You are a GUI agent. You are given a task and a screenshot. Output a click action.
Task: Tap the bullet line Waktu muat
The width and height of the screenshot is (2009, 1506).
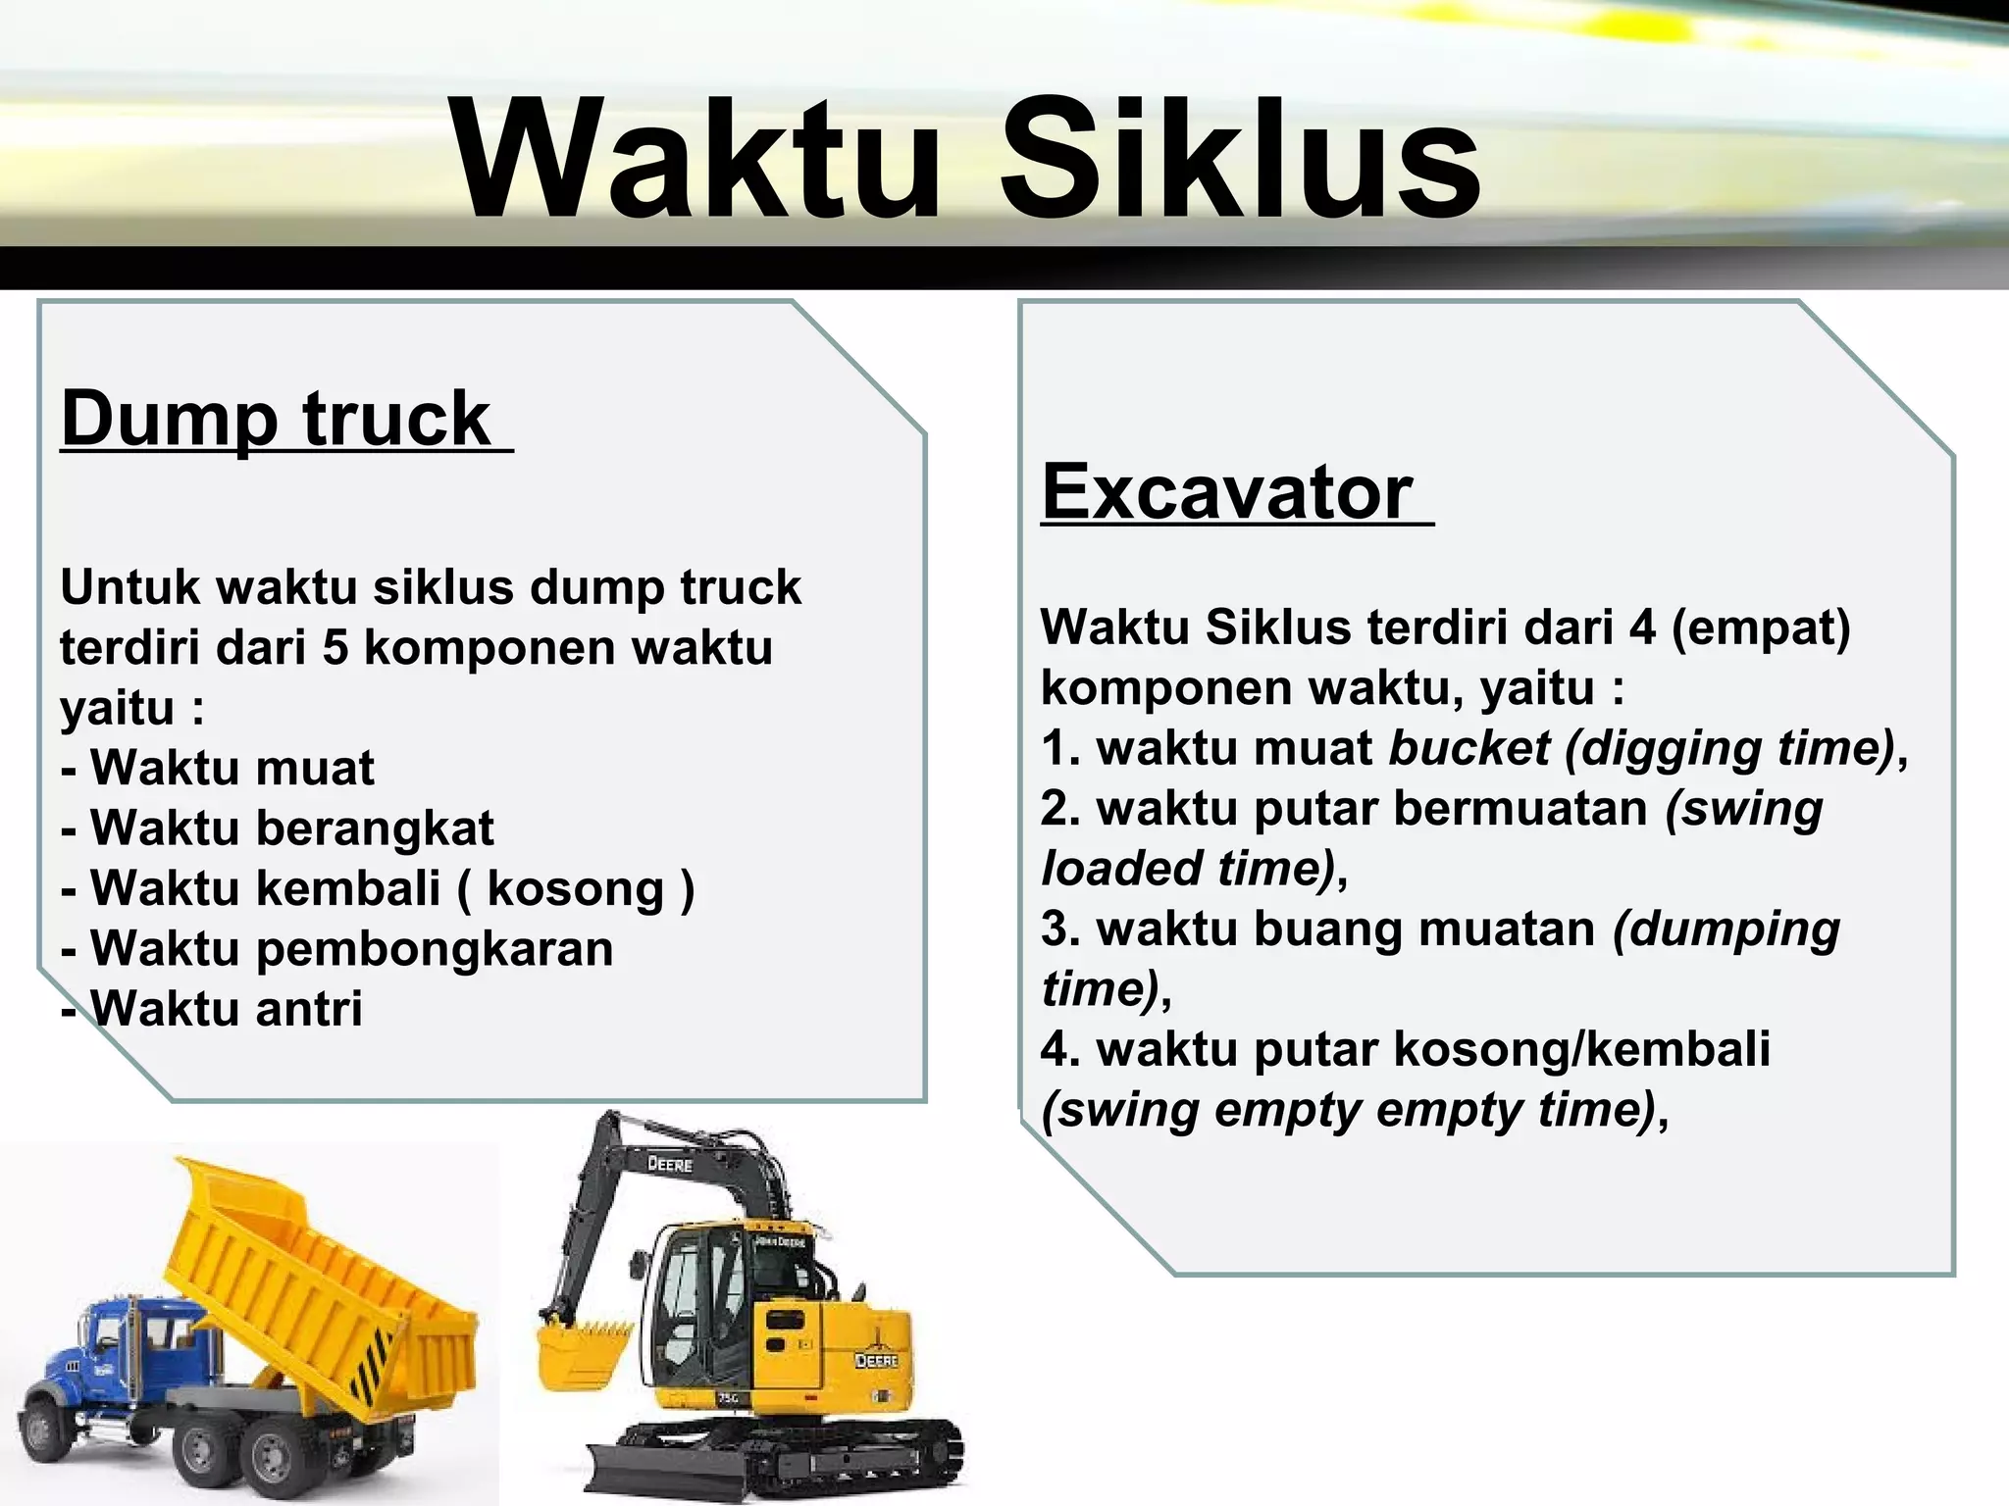[218, 768]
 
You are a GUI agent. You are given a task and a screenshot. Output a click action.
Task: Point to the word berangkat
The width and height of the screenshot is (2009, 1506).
[375, 828]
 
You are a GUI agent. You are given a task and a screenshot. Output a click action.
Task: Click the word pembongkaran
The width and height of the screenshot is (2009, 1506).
[434, 949]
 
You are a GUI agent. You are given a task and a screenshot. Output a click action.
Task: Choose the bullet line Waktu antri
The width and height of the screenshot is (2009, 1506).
[213, 1009]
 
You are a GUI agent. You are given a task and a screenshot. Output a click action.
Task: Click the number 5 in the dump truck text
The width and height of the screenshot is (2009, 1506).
[335, 648]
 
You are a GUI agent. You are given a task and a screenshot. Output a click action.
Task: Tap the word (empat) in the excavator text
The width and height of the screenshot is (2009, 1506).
[1760, 627]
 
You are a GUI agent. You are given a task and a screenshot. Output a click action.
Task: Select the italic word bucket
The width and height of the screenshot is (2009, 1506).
[1469, 748]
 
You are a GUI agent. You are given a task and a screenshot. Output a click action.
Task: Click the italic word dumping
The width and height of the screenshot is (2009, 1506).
[1726, 929]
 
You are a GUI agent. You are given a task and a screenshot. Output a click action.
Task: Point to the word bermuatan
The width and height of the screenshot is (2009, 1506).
[1520, 809]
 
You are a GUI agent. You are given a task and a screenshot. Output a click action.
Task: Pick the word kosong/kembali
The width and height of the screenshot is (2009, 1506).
[1581, 1049]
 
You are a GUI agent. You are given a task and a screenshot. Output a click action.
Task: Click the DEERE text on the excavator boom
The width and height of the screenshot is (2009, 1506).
[670, 1165]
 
